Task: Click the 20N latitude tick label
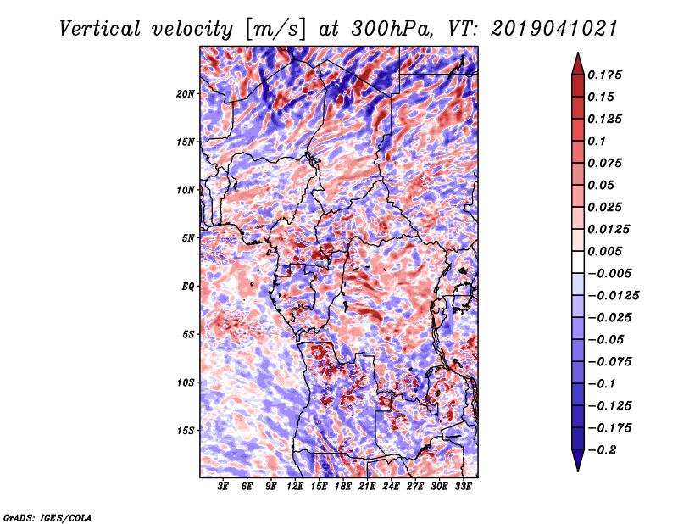(185, 94)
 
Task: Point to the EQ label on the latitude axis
(187, 287)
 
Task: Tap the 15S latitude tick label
(186, 431)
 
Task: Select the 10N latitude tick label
(185, 191)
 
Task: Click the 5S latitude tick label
(188, 335)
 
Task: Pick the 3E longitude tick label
(222, 487)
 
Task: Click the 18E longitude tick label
(342, 487)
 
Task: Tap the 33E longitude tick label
(463, 487)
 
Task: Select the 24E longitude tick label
(391, 487)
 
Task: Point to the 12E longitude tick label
(294, 487)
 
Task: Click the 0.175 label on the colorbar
(604, 75)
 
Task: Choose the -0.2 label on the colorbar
(602, 450)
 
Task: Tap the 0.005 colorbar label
(604, 251)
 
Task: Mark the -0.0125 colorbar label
(613, 296)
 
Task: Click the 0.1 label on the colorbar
(597, 141)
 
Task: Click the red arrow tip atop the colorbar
(578, 53)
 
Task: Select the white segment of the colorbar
(578, 262)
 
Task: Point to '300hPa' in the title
(392, 29)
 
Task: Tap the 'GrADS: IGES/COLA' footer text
(47, 517)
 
